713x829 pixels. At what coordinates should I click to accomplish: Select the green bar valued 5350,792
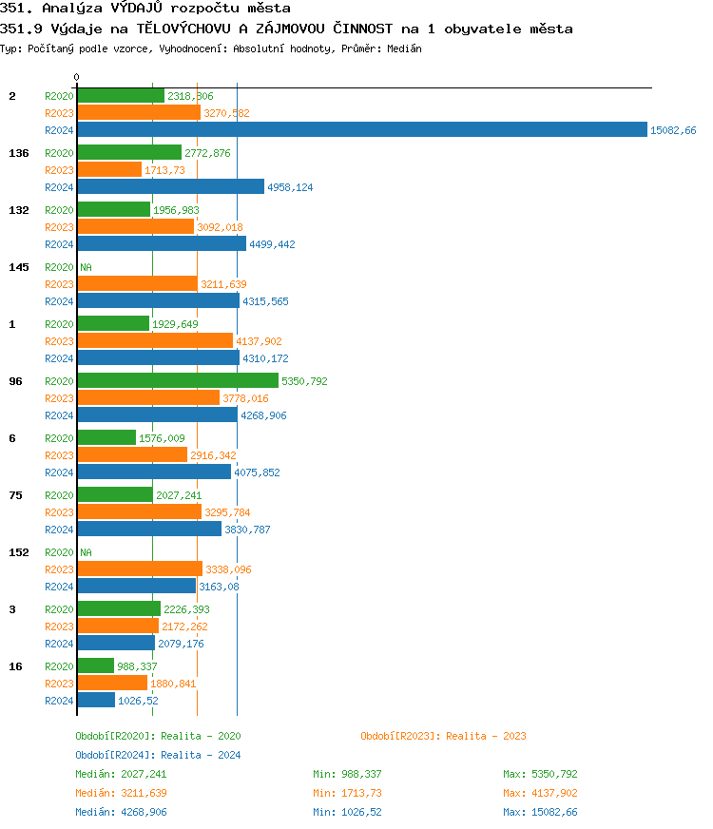click(178, 381)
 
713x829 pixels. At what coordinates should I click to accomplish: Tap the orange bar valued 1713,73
click(109, 169)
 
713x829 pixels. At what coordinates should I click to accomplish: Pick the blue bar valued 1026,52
click(96, 701)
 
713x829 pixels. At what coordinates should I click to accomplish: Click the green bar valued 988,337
click(95, 666)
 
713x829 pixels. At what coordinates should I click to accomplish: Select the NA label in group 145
click(86, 267)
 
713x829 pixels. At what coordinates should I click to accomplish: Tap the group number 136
click(18, 153)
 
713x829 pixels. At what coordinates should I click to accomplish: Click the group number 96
click(15, 381)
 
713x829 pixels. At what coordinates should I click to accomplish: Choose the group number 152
click(18, 552)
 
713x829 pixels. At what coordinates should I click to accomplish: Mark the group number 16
click(15, 666)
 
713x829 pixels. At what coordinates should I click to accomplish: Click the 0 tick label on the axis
click(77, 77)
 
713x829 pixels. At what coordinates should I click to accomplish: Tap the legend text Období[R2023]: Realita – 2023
click(443, 736)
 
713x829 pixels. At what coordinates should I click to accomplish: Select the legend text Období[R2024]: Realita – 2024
click(158, 755)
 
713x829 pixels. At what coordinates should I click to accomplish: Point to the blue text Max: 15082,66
click(540, 812)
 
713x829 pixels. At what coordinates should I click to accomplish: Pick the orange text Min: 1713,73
click(347, 793)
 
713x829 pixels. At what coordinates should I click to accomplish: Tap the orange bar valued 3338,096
click(140, 569)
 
